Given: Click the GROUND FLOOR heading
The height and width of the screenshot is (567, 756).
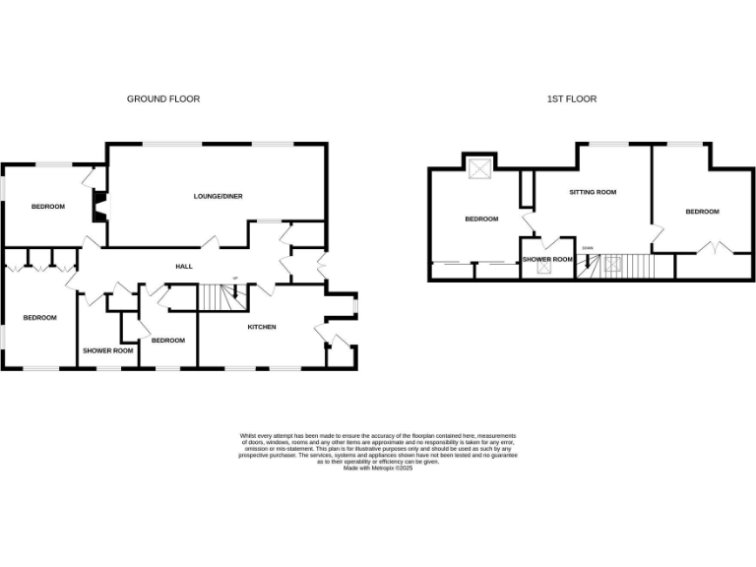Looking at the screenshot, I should tap(163, 99).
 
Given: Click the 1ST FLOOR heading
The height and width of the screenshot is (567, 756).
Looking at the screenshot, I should tap(572, 99).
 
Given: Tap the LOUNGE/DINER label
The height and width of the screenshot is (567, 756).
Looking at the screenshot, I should tap(218, 196).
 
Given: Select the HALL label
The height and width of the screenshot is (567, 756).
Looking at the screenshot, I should tap(184, 267).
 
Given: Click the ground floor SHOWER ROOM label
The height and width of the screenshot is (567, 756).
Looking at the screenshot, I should tap(107, 350).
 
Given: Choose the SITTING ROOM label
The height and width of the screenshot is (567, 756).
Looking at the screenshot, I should tap(593, 192).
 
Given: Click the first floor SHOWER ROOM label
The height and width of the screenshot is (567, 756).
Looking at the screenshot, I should tap(547, 260).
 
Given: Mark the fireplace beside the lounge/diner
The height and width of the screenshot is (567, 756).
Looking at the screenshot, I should tap(99, 205).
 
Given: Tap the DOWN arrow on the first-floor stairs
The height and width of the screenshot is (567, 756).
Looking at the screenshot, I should tap(589, 261).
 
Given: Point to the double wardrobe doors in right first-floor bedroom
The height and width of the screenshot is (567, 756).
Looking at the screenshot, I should tap(716, 247).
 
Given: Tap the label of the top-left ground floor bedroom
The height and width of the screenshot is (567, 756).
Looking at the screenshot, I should tap(47, 206).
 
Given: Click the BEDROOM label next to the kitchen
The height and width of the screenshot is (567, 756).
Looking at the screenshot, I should tap(168, 341).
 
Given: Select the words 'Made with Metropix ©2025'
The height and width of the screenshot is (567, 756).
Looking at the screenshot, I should tap(378, 468).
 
